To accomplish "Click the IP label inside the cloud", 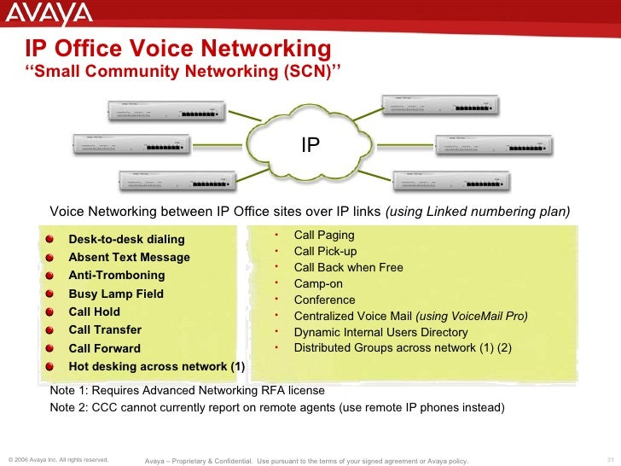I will click(310, 146).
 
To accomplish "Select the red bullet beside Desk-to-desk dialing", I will click(53, 239).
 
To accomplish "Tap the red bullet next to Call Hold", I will click(53, 312).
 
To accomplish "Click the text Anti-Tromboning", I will click(116, 276).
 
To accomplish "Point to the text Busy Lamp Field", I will click(115, 294).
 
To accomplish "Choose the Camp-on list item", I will click(313, 283).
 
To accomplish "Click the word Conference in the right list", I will click(324, 300).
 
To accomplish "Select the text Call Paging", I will click(324, 235).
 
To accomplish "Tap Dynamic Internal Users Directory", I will click(380, 332).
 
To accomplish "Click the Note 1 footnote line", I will click(187, 390).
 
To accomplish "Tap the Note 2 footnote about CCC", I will click(277, 407).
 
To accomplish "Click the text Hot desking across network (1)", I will click(156, 367).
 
